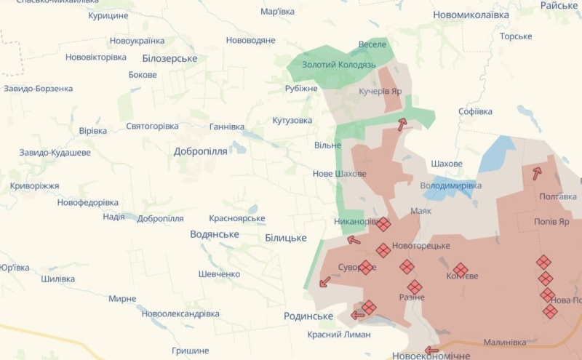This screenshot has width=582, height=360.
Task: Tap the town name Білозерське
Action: [170, 58]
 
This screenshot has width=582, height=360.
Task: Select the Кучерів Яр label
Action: [380, 92]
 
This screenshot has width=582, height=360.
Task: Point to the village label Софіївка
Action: [475, 111]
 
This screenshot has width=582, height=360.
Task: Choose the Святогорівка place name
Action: [152, 126]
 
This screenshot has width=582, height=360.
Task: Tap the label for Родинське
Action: [308, 316]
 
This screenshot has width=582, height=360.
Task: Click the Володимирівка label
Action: [450, 185]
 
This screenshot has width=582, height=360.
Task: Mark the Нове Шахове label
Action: [339, 174]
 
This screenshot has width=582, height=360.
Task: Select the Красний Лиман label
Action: [338, 335]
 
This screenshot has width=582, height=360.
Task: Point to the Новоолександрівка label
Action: [180, 313]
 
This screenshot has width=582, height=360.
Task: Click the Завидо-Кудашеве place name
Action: [55, 153]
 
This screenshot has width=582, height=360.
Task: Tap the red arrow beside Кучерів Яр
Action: [402, 124]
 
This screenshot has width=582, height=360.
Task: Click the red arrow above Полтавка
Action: [537, 173]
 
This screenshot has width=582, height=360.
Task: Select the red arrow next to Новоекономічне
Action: [431, 350]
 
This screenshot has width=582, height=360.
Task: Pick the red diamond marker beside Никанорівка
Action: [383, 225]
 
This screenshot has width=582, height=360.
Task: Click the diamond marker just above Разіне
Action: [414, 287]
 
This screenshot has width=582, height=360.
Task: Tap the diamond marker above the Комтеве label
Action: [461, 270]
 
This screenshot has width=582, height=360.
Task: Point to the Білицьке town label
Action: [285, 238]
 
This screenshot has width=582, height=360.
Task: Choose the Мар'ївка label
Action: [277, 12]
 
